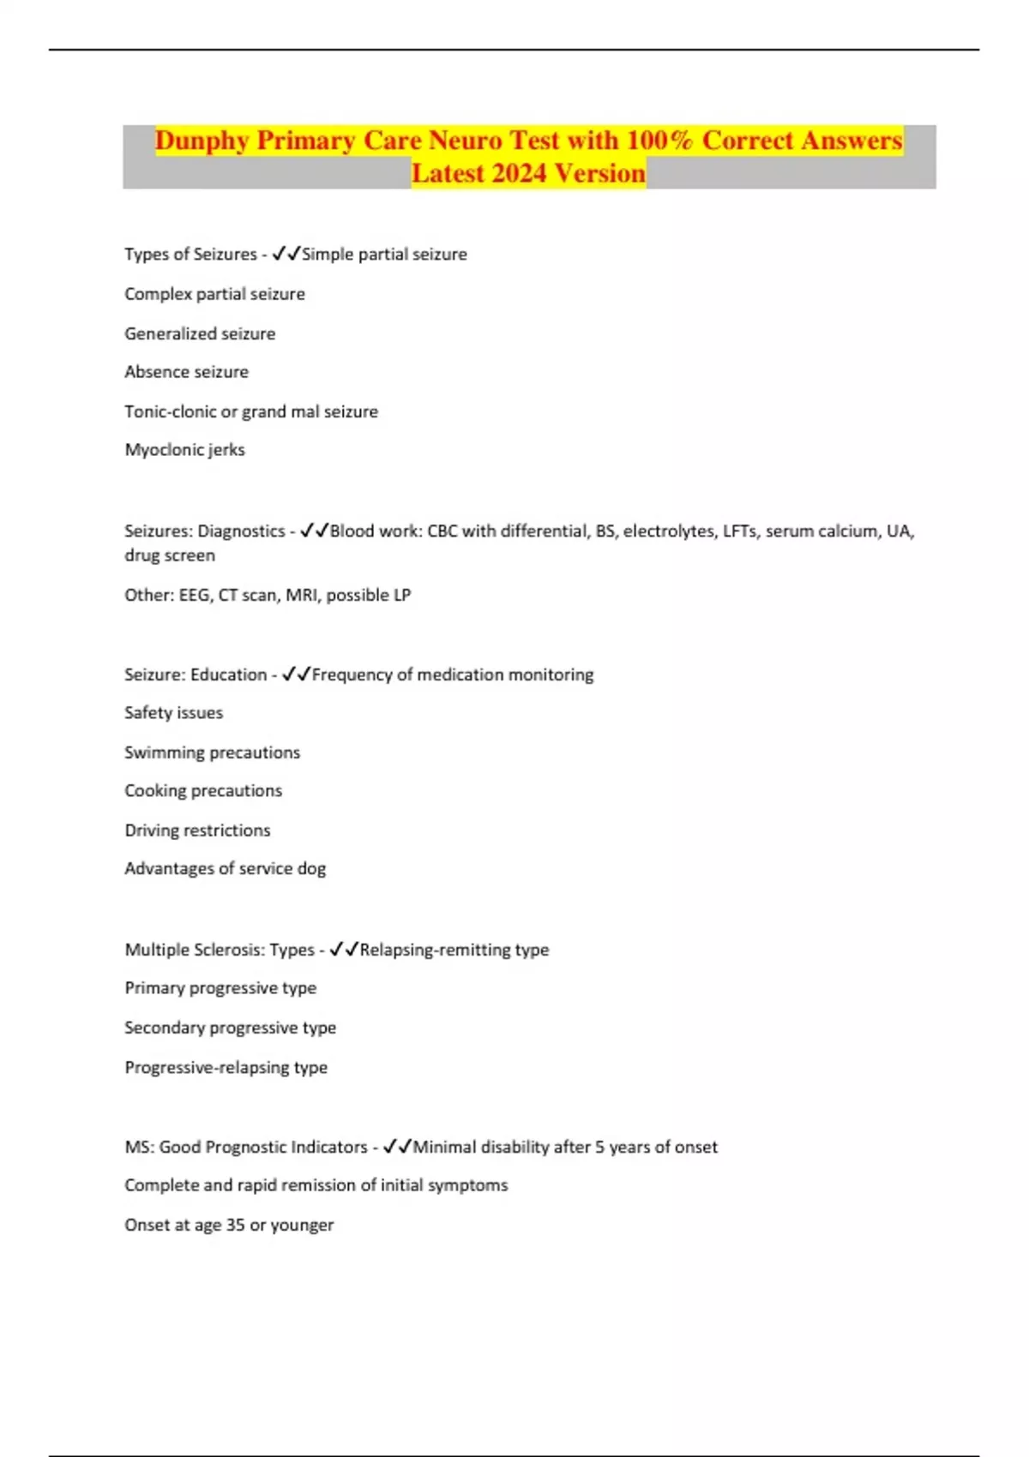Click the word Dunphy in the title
click(202, 141)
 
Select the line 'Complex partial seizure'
click(214, 294)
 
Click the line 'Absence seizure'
click(186, 372)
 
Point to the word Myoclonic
click(164, 450)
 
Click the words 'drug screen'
click(170, 555)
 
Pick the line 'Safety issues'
click(173, 713)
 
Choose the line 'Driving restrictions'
click(197, 830)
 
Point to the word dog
click(311, 869)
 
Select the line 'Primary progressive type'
click(220, 988)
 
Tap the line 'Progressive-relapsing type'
click(226, 1068)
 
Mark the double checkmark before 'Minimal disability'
click(397, 1147)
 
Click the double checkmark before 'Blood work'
click(314, 531)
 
